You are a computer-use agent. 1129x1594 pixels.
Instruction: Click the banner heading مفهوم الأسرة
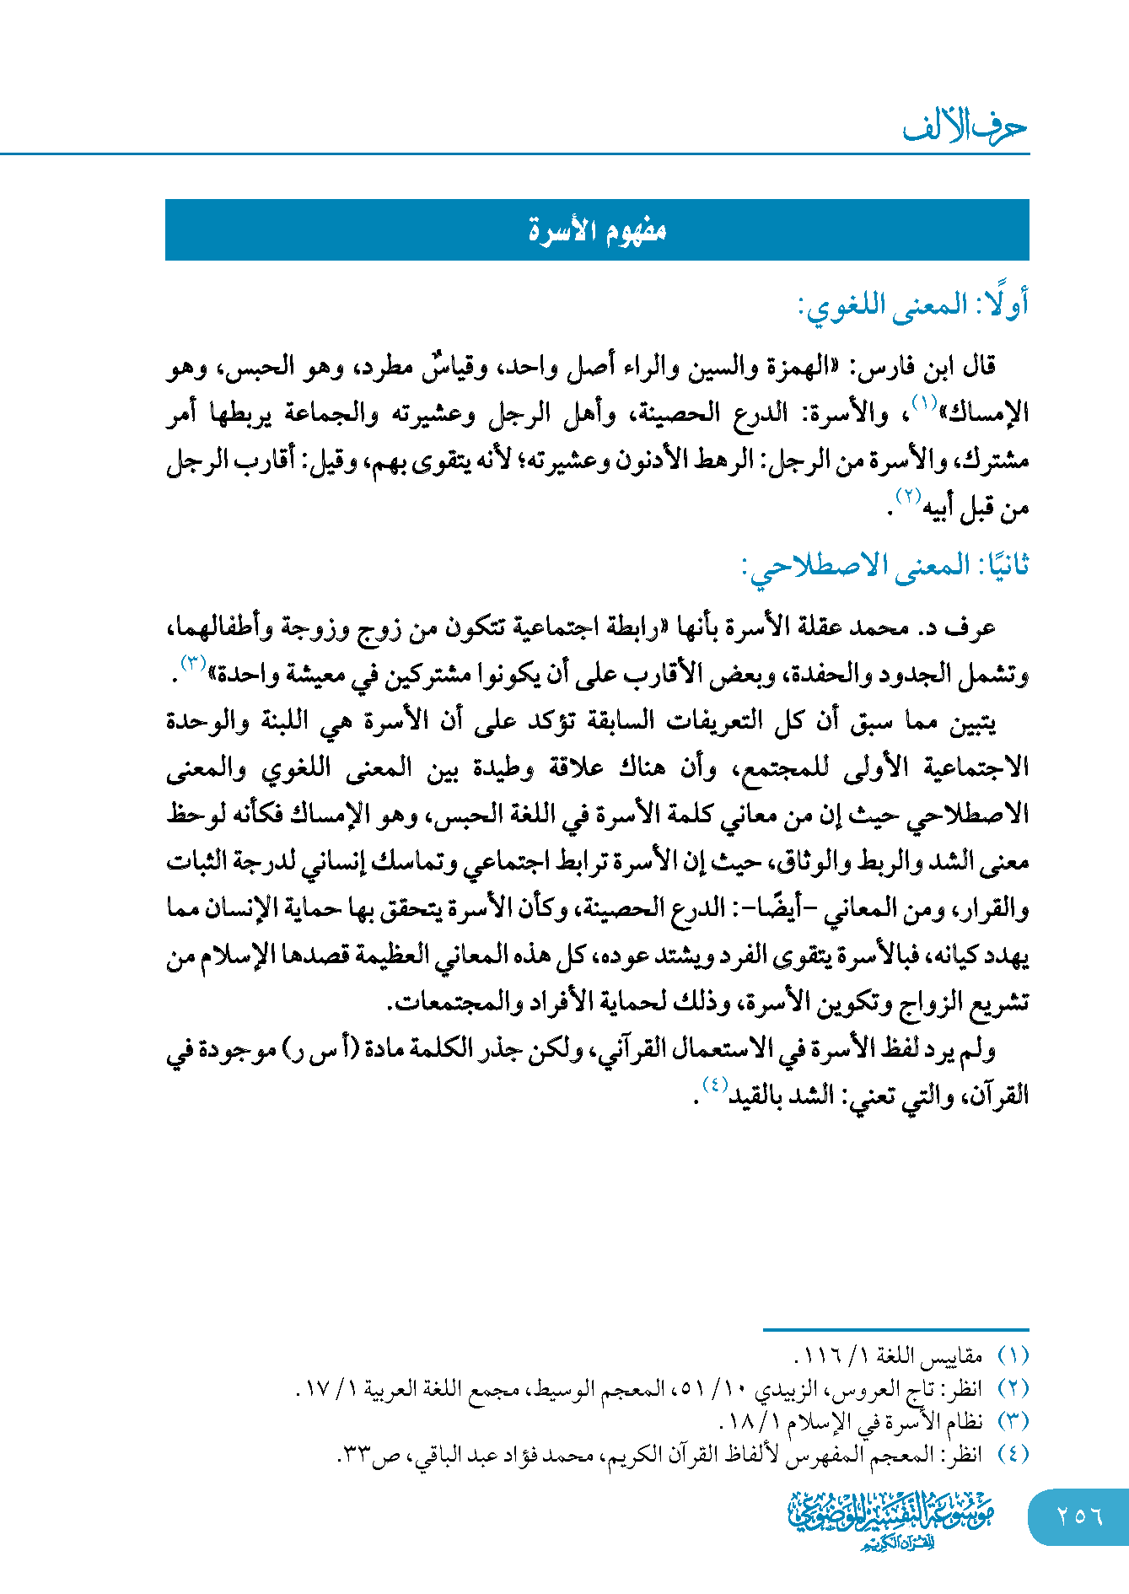(597, 230)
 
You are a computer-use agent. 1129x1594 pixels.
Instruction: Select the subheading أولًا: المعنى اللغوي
(913, 305)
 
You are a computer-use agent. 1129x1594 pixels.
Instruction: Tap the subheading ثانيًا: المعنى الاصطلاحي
(885, 566)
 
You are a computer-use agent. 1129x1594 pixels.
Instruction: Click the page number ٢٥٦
(1079, 1516)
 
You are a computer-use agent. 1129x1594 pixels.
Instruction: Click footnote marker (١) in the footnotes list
(1013, 1356)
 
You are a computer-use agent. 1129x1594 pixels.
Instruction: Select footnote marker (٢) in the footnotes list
(1013, 1388)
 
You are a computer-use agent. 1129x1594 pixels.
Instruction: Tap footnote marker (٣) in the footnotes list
(1013, 1421)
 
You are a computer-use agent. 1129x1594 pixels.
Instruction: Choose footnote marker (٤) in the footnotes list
(1013, 1454)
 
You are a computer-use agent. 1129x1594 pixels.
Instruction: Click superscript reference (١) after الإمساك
(925, 403)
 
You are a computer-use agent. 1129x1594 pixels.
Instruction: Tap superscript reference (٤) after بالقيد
(713, 1085)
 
